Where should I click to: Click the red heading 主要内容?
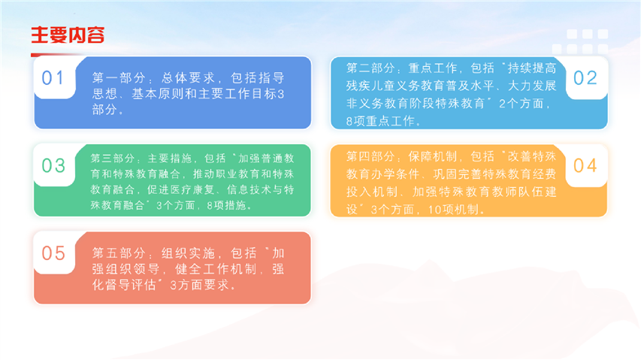pos(68,35)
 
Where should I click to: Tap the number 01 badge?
pos(53,77)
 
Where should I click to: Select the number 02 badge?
pos(585,77)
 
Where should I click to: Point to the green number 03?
pos(53,165)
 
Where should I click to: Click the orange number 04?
pos(585,165)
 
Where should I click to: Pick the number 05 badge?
pos(53,253)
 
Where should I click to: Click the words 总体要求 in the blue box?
pos(188,77)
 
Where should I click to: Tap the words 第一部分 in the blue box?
pos(119,77)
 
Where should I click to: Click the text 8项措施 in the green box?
pos(226,205)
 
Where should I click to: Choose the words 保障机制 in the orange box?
pos(433,156)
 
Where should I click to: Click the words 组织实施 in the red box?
pos(188,253)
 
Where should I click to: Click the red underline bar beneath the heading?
pos(57,55)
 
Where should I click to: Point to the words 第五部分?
pos(119,253)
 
